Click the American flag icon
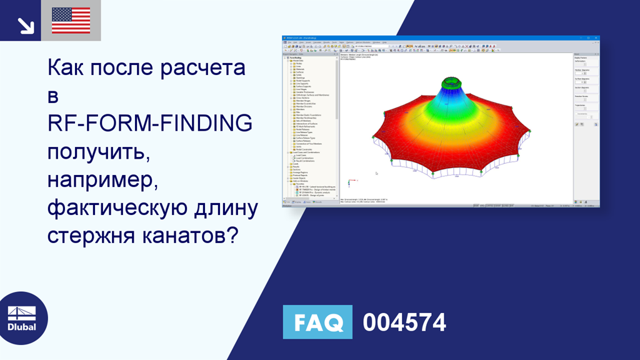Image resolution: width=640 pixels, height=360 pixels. [71, 21]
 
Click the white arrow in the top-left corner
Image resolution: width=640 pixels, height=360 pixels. [25, 25]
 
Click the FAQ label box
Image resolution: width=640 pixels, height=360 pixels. [317, 322]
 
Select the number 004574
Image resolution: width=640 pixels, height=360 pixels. [404, 322]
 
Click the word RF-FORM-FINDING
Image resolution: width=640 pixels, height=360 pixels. [150, 124]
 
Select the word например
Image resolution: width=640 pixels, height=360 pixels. [102, 181]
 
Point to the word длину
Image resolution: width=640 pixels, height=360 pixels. [229, 209]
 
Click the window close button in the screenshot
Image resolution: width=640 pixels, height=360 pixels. [597, 39]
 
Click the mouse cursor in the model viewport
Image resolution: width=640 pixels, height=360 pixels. [376, 173]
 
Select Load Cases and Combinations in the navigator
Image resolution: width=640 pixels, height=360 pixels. [306, 152]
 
